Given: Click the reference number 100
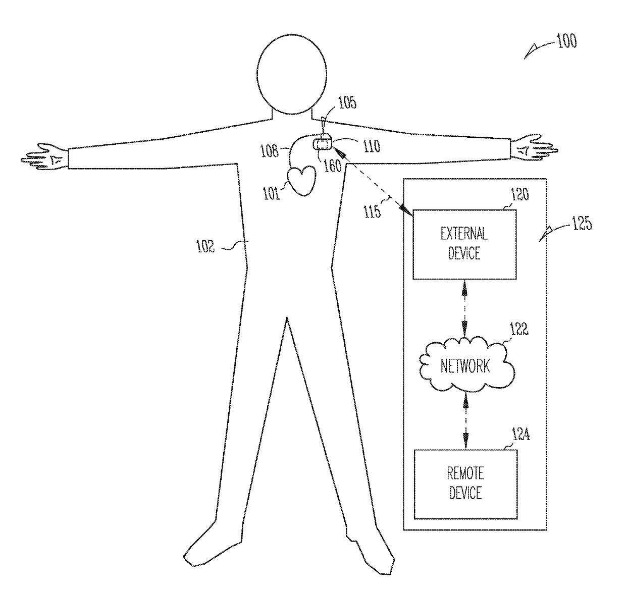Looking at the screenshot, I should point(566,41).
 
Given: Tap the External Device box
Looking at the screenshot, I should point(464,244).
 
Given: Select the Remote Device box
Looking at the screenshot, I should point(465,483).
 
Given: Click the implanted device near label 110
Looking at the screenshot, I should point(323,145).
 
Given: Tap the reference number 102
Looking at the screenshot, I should point(205,247).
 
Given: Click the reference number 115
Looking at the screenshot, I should point(373,211).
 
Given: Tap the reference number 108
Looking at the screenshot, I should point(269,151).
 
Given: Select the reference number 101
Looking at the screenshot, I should point(271,193).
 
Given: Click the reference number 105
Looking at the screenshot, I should point(347,103).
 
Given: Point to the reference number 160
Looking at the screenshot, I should point(333,166).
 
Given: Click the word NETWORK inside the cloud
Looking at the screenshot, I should point(465,365).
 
